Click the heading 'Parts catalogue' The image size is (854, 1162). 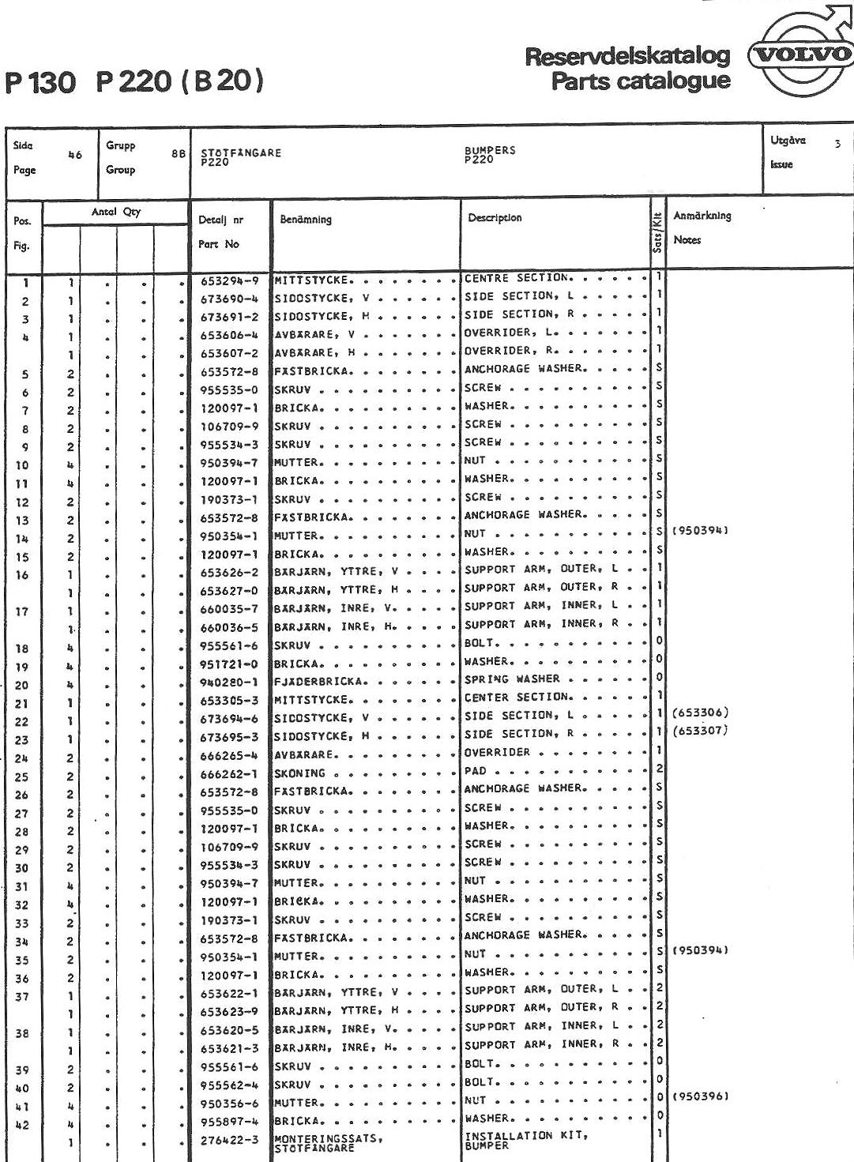[x=641, y=81]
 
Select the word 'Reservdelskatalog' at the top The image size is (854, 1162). [x=627, y=56]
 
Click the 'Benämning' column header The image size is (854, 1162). [x=306, y=220]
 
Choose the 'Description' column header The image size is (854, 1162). [x=495, y=218]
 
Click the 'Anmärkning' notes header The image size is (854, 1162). [x=702, y=216]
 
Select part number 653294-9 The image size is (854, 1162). [x=229, y=280]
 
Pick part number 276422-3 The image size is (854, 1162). [x=229, y=1140]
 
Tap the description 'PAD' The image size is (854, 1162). [x=476, y=771]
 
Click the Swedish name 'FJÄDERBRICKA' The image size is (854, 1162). [x=319, y=682]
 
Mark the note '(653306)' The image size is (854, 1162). [x=699, y=713]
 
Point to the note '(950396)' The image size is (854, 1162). [x=699, y=1097]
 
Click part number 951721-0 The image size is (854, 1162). [x=229, y=664]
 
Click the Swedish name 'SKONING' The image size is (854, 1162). [x=299, y=773]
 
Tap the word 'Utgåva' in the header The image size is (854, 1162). [x=788, y=141]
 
